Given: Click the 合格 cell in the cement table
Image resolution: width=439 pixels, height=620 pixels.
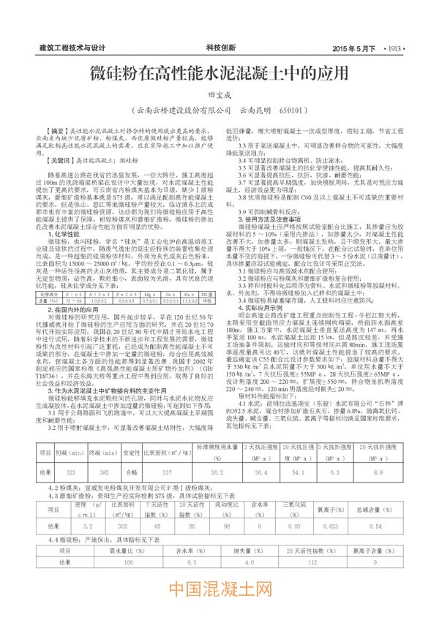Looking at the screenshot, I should (132, 453).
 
